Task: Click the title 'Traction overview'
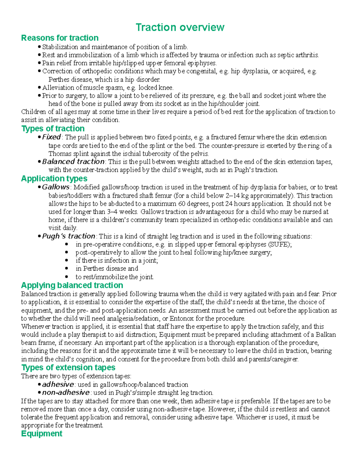pos(180,27)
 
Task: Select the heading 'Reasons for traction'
pos(60,38)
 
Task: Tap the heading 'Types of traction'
pos(53,128)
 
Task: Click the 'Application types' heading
pos(54,179)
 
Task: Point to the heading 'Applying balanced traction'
pos(72,285)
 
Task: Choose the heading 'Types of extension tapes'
pos(68,367)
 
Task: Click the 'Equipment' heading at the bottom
pos(42,433)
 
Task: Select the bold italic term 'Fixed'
pos(51,137)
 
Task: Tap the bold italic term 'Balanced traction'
pos(73,162)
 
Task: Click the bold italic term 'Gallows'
pos(55,187)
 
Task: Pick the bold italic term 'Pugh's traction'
pos(68,236)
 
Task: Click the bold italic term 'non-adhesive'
pos(66,392)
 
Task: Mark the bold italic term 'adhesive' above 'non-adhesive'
pos(58,384)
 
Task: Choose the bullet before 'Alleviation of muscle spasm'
pos(39,88)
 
